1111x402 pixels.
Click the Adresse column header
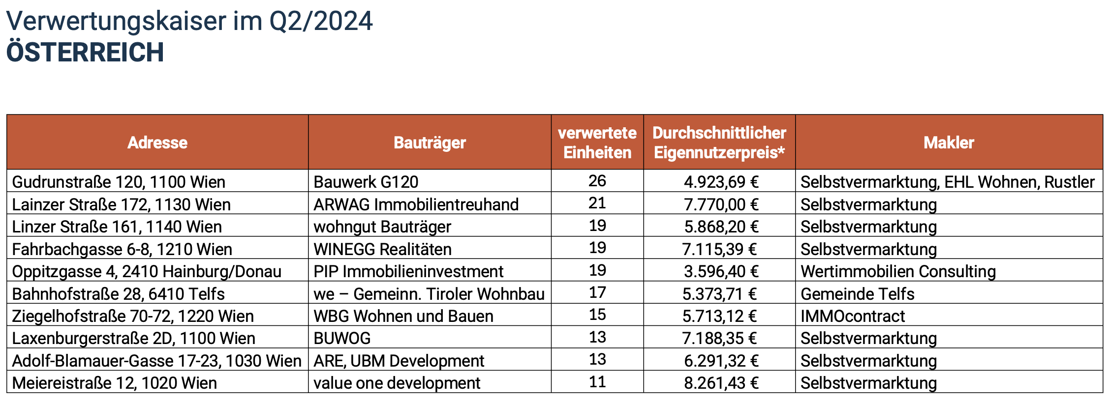click(157, 143)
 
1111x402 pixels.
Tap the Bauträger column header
click(430, 143)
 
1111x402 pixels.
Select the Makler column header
click(949, 143)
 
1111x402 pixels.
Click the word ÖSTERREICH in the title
click(85, 53)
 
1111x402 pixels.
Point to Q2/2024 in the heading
click(321, 21)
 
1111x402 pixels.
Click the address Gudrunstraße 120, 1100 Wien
click(119, 182)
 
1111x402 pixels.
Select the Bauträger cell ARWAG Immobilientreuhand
click(416, 204)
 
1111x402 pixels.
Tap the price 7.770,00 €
click(721, 204)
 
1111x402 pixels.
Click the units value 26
click(597, 181)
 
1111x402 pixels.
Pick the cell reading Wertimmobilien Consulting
click(898, 271)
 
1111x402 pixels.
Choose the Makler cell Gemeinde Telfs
click(857, 294)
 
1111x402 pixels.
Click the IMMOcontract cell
click(853, 316)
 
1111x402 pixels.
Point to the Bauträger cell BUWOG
click(342, 338)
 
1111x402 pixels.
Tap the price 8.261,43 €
click(721, 383)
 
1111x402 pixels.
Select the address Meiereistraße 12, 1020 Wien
click(114, 383)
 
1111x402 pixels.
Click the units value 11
click(597, 382)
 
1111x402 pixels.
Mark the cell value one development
click(397, 383)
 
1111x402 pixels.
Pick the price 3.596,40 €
click(721, 271)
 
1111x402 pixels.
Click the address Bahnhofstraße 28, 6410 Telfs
click(118, 294)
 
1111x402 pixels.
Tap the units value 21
click(597, 203)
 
